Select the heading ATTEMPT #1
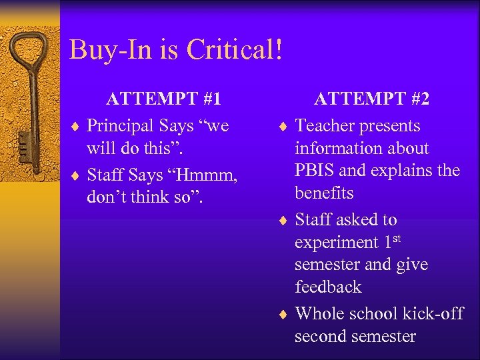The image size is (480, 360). (163, 99)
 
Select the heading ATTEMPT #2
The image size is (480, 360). (371, 99)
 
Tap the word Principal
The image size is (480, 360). (122, 126)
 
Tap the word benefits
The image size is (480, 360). (325, 193)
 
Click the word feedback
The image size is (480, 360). (328, 287)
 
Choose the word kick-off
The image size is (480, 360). (433, 313)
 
